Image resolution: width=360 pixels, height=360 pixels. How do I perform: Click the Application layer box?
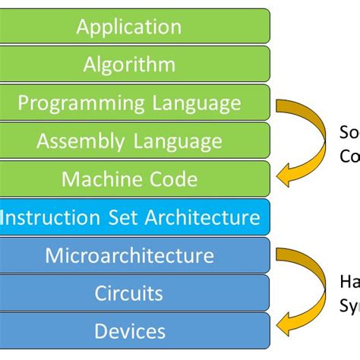(x=129, y=27)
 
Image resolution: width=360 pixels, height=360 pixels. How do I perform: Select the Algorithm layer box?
(x=129, y=65)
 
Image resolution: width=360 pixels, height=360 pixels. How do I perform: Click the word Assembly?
(x=81, y=141)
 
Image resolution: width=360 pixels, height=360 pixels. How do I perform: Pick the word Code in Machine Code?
(x=172, y=179)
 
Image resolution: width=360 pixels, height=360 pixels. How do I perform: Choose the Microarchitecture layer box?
(x=129, y=255)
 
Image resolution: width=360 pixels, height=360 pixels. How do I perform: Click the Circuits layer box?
(x=129, y=292)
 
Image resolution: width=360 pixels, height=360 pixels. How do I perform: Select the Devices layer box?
(x=129, y=330)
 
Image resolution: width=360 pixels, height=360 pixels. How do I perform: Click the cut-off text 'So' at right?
(x=349, y=134)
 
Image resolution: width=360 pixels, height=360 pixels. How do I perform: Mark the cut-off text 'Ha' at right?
(x=349, y=282)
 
